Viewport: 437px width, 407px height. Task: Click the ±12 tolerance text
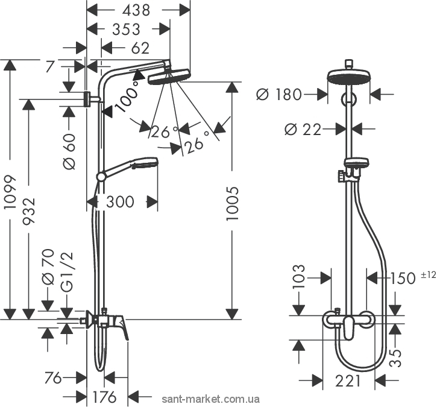(427, 275)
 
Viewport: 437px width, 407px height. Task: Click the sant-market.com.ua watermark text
(212, 399)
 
